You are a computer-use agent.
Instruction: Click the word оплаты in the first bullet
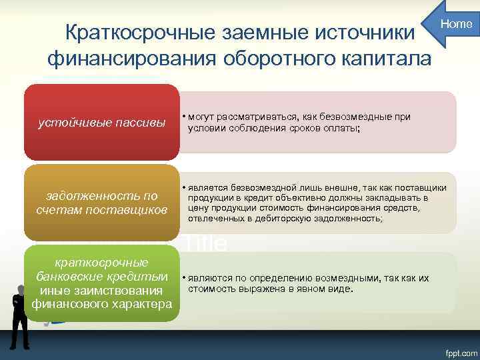341,128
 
